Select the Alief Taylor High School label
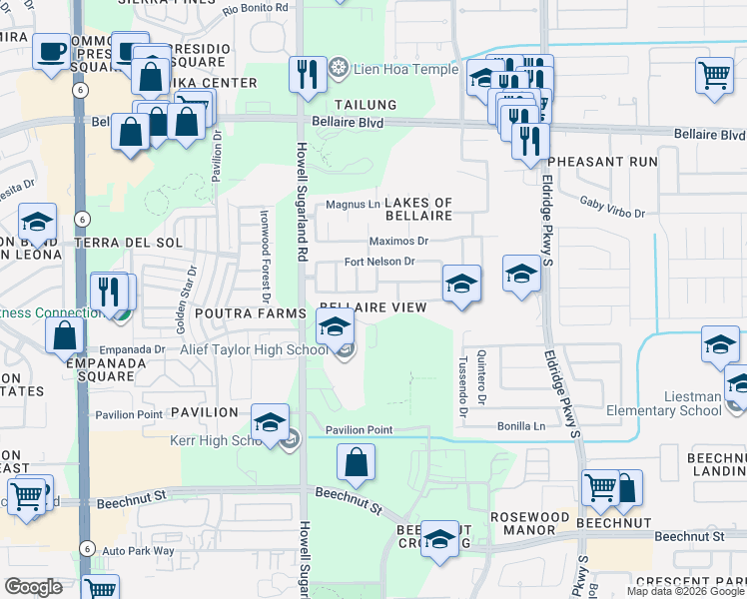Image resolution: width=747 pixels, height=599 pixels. pos(254,349)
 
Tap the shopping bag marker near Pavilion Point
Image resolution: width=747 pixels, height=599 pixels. pos(356,463)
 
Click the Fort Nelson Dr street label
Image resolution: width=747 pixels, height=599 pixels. pos(378,262)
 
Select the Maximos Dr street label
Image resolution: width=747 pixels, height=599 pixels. pos(397,241)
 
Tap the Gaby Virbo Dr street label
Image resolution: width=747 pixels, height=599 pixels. pos(613,206)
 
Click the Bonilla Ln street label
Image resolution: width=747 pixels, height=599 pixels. pos(521,426)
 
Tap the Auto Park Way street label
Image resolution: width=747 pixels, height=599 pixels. pos(138,550)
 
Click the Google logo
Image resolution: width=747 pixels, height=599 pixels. pos(34,587)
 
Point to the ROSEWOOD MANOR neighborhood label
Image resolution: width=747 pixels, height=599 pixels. pos(529,523)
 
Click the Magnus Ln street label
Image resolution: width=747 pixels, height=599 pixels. pos(354,206)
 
